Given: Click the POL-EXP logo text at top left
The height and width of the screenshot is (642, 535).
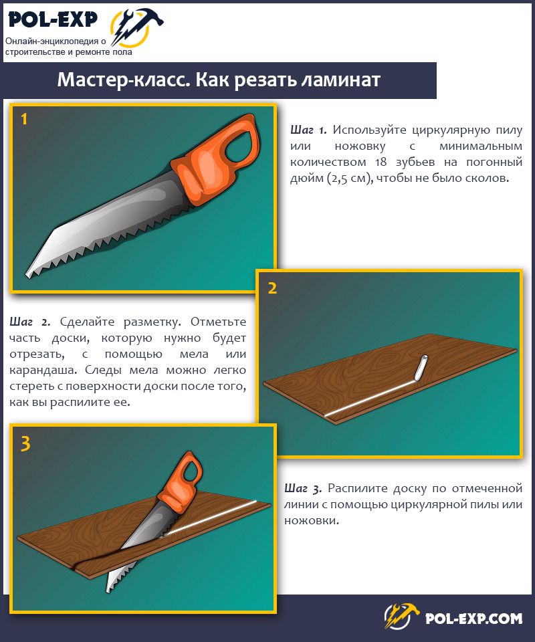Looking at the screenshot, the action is pyautogui.click(x=53, y=19).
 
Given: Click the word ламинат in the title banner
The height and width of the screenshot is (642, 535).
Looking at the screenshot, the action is pyautogui.click(x=340, y=80).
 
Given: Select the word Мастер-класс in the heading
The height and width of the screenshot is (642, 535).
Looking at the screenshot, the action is pyautogui.click(x=124, y=80).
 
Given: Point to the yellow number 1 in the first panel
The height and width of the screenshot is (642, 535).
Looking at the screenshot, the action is pyautogui.click(x=24, y=119).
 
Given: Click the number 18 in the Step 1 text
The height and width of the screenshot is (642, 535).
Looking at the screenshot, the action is pyautogui.click(x=381, y=162).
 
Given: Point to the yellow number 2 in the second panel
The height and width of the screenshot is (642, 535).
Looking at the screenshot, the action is pyautogui.click(x=272, y=288).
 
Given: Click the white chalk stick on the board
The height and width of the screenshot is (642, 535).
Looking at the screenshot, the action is pyautogui.click(x=421, y=367).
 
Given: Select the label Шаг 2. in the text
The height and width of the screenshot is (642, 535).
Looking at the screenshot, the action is pyautogui.click(x=30, y=322).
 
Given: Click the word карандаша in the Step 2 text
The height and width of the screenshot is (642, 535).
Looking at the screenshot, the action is pyautogui.click(x=43, y=370).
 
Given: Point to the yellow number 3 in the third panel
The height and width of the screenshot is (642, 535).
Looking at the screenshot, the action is pyautogui.click(x=25, y=443).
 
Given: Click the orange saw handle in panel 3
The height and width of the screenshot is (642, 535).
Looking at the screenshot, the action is pyautogui.click(x=180, y=479).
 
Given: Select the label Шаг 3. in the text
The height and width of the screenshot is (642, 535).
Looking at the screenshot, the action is pyautogui.click(x=303, y=488).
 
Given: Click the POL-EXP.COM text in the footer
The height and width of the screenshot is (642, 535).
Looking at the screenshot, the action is pyautogui.click(x=474, y=618).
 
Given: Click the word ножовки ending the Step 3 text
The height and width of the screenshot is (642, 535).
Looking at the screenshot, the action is pyautogui.click(x=312, y=521).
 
